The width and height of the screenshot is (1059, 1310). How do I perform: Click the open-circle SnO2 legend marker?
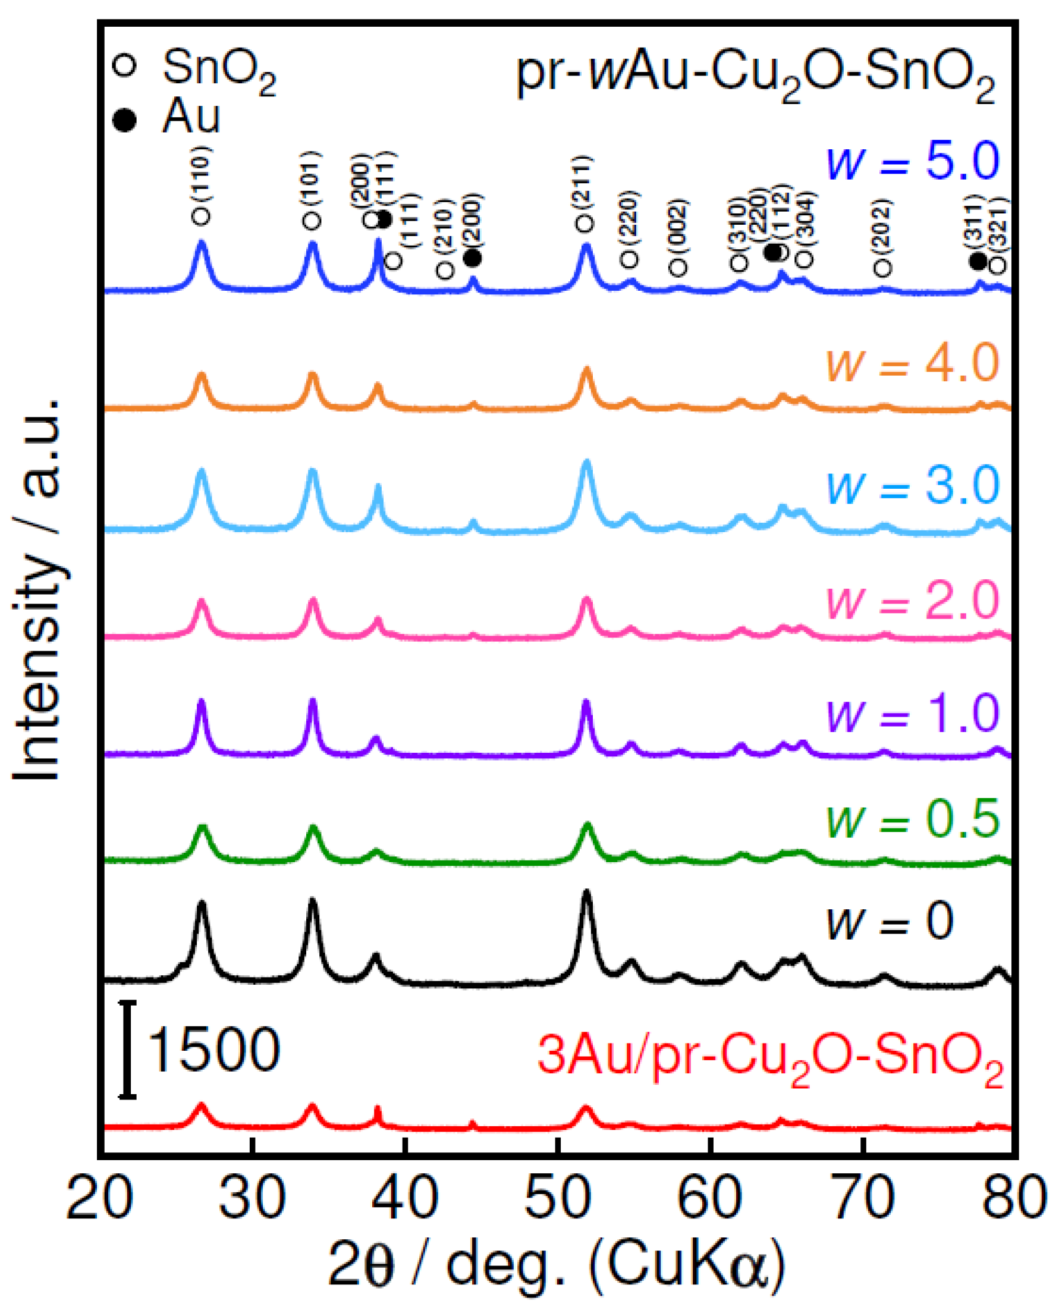coord(125,65)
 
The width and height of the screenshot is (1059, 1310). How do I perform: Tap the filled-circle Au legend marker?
coord(125,120)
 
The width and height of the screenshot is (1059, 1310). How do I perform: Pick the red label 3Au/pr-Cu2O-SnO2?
coord(770,1057)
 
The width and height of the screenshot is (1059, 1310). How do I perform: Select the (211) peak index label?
coord(585,185)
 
